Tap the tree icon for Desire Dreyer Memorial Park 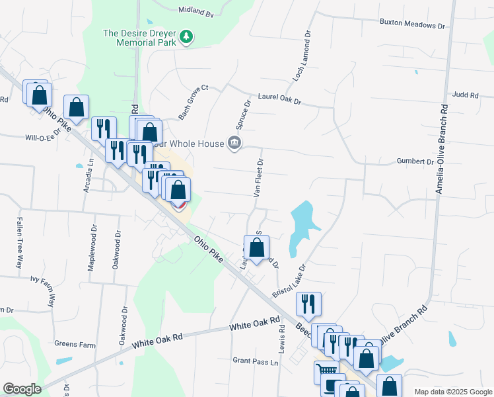coord(188,36)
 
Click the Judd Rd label coord(466,95)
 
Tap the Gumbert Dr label coord(415,161)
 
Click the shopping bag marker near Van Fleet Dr coord(257,249)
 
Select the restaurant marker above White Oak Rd coord(308,304)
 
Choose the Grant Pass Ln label coord(256,362)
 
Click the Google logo coord(21,388)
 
